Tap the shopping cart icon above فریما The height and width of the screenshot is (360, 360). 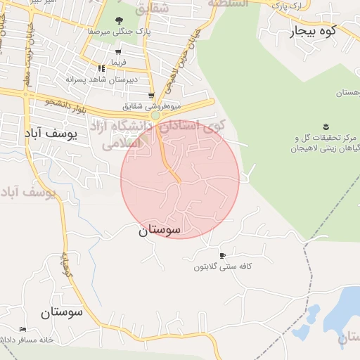coord(117,52)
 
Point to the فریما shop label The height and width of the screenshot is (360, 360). coord(117,62)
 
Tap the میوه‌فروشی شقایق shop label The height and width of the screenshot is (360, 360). coord(152,106)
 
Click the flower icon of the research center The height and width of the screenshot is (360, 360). coord(326,127)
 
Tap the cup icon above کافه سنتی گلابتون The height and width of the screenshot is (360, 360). coord(223,256)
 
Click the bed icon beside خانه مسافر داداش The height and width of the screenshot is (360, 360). coord(22,329)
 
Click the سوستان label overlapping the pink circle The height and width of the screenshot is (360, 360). coord(159,230)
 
